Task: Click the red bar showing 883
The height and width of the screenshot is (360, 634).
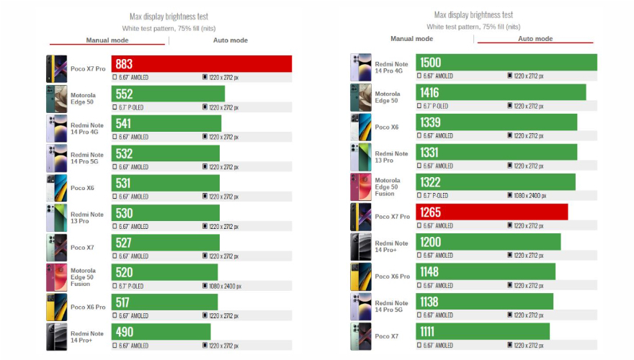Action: (x=202, y=64)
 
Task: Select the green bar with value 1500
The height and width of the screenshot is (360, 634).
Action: (x=506, y=63)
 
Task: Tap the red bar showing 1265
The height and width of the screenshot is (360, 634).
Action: (x=491, y=212)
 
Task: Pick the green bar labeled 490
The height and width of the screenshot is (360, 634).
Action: (x=161, y=331)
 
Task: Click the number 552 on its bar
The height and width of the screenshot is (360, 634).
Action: (x=124, y=94)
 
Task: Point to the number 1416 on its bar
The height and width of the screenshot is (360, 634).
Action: (x=429, y=92)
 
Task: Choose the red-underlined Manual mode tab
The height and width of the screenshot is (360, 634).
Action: (x=107, y=40)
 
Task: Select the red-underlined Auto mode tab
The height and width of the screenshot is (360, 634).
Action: (x=535, y=39)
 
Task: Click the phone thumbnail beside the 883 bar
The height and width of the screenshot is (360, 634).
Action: (x=57, y=69)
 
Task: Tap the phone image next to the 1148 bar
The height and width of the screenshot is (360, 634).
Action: (x=361, y=276)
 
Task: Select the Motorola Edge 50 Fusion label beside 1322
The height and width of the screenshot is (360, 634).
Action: (x=387, y=186)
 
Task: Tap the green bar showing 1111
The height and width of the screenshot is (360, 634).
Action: (x=483, y=331)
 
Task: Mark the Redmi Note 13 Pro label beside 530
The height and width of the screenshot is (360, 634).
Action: (x=86, y=217)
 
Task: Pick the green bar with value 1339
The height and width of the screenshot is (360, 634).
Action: (x=496, y=122)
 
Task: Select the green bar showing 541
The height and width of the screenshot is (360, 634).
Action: (x=166, y=123)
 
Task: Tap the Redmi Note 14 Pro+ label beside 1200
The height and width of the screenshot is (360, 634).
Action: (x=391, y=246)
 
